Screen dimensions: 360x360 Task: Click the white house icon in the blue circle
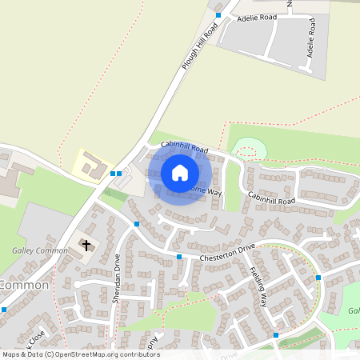[179, 172]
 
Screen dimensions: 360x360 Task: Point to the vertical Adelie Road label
[311, 43]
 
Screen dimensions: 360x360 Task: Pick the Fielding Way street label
[257, 286]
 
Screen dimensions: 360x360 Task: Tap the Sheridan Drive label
[117, 276]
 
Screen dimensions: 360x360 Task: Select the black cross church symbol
[86, 245]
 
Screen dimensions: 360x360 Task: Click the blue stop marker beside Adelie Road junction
[218, 14]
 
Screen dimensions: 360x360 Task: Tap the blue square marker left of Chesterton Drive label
[179, 257]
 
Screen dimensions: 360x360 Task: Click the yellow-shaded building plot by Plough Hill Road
[90, 166]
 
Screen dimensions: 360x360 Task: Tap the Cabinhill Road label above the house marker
[184, 147]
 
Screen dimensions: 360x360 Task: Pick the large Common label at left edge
[24, 285]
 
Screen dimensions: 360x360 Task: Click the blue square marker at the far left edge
[4, 309]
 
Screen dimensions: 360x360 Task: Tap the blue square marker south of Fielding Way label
[276, 335]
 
